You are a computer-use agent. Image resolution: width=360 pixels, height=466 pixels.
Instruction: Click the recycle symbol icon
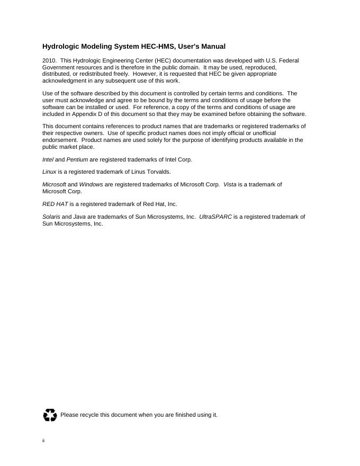(50, 415)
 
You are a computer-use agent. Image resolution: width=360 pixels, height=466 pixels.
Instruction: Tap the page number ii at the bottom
(43, 441)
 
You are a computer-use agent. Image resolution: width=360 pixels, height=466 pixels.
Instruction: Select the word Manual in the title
(213, 47)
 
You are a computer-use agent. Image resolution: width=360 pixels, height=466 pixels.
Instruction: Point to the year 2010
(49, 61)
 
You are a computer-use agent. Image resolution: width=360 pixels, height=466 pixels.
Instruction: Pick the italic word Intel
(48, 159)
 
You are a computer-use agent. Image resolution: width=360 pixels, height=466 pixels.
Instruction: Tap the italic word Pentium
(77, 159)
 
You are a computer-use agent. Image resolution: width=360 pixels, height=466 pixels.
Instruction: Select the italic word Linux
(49, 172)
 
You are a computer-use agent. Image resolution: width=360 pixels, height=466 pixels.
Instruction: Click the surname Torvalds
(157, 172)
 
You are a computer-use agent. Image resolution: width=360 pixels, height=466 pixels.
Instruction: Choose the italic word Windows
(91, 185)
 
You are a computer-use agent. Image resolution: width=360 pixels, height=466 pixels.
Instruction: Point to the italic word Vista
(230, 185)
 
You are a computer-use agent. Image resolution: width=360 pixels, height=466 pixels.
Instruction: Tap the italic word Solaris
(51, 217)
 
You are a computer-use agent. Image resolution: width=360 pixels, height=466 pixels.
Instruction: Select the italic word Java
(79, 217)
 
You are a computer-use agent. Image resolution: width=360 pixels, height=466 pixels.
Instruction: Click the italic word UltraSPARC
(215, 217)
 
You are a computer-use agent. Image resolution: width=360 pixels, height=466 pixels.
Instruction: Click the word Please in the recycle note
(69, 415)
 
